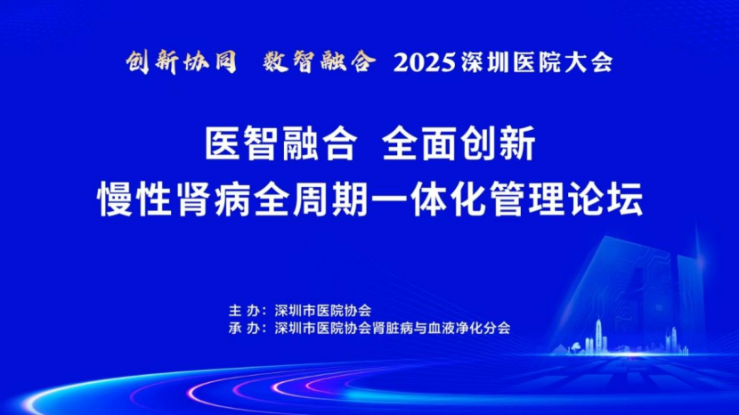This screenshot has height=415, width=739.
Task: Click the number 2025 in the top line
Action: coord(425,62)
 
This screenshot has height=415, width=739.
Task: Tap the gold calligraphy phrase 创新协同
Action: coord(182,61)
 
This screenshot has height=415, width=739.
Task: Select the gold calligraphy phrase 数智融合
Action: coord(320,61)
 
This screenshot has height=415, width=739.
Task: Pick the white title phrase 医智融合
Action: coord(281,143)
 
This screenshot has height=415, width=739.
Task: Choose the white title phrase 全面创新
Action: coord(459,143)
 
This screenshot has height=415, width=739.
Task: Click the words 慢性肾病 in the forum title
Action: coord(175,199)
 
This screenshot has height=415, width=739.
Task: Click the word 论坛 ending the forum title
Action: coord(605,199)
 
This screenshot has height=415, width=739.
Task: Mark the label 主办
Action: coord(245,310)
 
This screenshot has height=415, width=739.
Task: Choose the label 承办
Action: coord(245,328)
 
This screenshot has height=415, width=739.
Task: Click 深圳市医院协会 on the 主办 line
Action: coord(323,310)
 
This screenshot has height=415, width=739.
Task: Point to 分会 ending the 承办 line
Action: coord(497,328)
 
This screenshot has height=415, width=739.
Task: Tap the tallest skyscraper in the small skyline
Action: coord(598,335)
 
